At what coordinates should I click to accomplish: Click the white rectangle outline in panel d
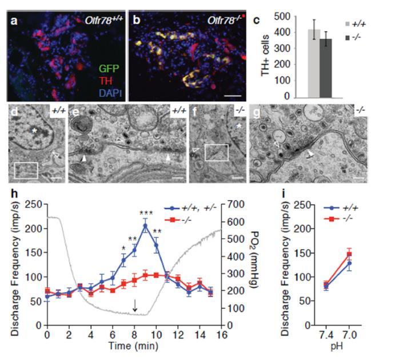[x=26, y=170]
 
